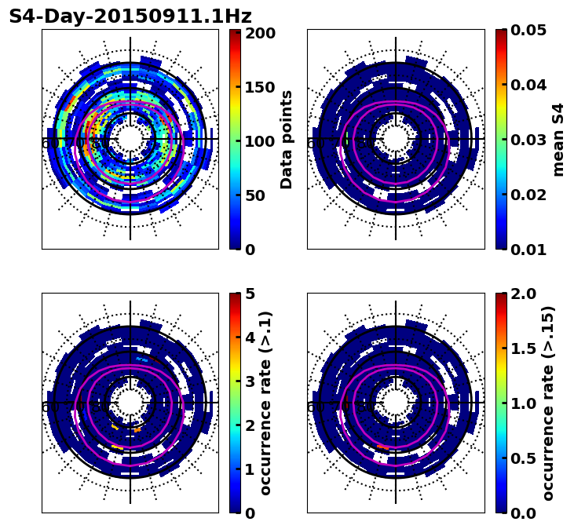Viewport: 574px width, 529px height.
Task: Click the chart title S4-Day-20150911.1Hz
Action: point(130,16)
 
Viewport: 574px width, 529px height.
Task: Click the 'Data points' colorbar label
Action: point(287,140)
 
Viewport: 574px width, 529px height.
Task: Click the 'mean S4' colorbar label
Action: point(558,140)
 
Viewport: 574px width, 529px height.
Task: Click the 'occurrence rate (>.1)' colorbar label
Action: point(266,403)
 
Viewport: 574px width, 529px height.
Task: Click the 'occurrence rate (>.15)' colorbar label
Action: point(548,403)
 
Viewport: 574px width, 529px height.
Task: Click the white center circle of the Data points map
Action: point(130,139)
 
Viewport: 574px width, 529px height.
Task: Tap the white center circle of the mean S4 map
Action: point(396,139)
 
